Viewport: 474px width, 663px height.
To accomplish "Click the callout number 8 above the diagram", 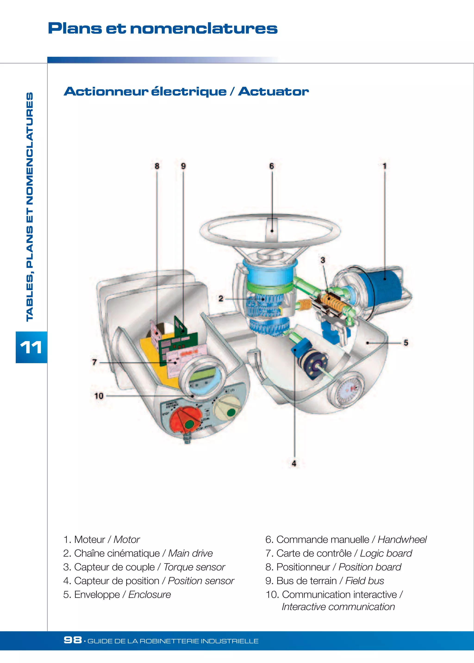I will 157,166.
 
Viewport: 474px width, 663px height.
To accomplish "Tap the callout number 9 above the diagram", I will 183,166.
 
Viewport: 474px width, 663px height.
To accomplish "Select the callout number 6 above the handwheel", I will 272,166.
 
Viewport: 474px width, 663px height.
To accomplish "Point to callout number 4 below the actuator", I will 294,463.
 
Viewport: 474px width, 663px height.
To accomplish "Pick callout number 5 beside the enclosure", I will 406,343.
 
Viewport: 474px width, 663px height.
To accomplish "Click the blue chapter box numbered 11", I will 31,347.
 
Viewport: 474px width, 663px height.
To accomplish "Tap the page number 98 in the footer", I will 73,640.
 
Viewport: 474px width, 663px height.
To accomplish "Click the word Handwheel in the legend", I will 402,539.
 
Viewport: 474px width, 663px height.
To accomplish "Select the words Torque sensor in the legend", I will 194,567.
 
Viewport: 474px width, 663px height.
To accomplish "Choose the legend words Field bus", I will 365,581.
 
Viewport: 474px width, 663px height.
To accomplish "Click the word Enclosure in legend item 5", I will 150,595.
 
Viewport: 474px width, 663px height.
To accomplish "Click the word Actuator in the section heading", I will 274,91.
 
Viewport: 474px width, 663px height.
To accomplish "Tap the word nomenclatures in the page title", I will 203,28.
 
